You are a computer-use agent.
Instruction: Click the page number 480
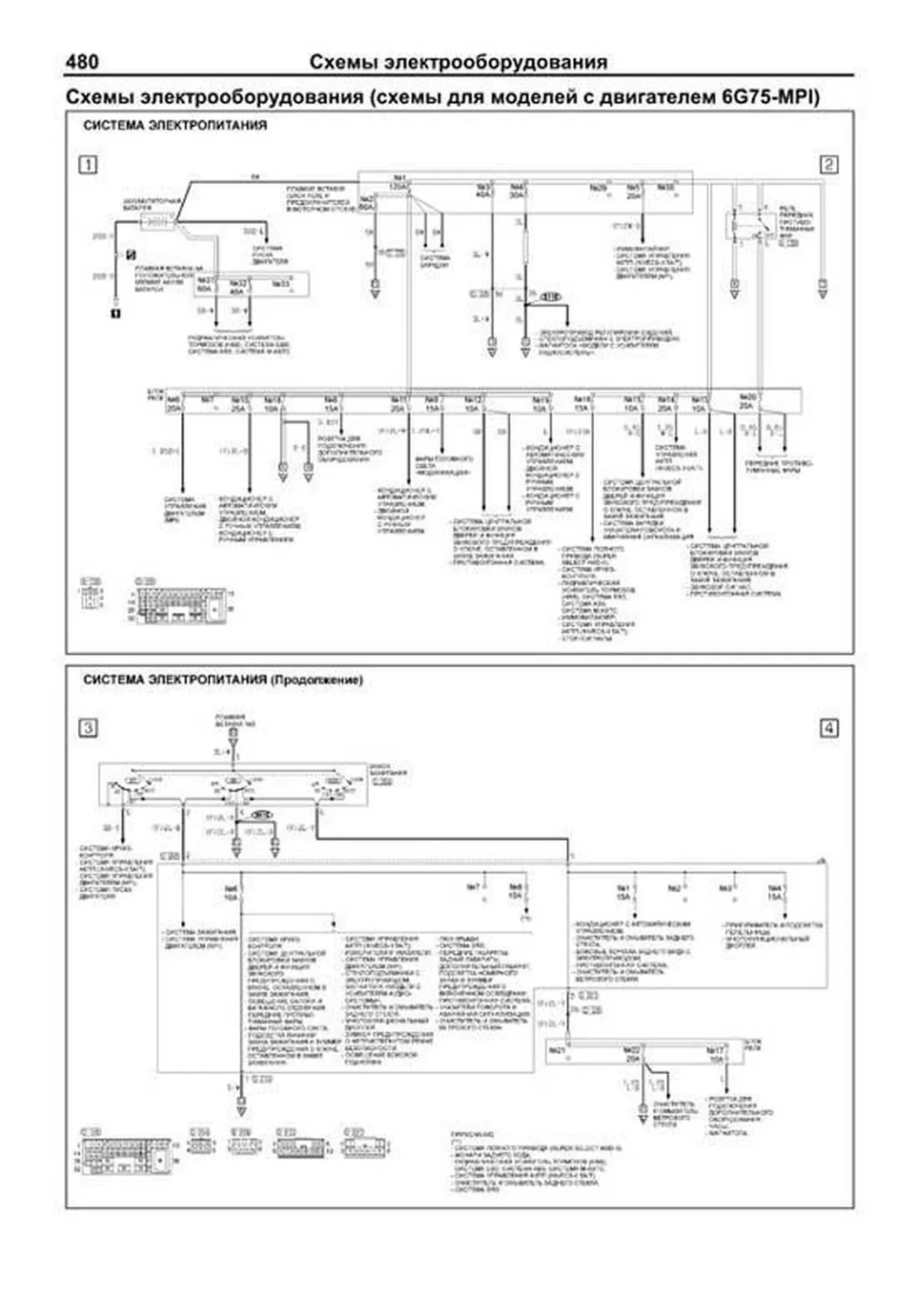[x=83, y=62]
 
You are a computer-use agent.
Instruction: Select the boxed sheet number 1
[x=89, y=164]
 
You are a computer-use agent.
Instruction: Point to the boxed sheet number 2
[x=828, y=164]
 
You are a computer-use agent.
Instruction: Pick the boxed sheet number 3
[x=89, y=728]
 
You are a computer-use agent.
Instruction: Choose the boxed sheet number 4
[x=828, y=728]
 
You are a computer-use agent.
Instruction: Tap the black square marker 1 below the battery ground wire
[x=116, y=312]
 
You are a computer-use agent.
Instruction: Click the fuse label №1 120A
[x=398, y=183]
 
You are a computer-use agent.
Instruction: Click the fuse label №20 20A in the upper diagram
[x=747, y=402]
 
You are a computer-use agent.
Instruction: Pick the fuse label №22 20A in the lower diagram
[x=632, y=1055]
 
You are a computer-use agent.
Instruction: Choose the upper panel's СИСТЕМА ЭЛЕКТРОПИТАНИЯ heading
[x=175, y=125]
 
